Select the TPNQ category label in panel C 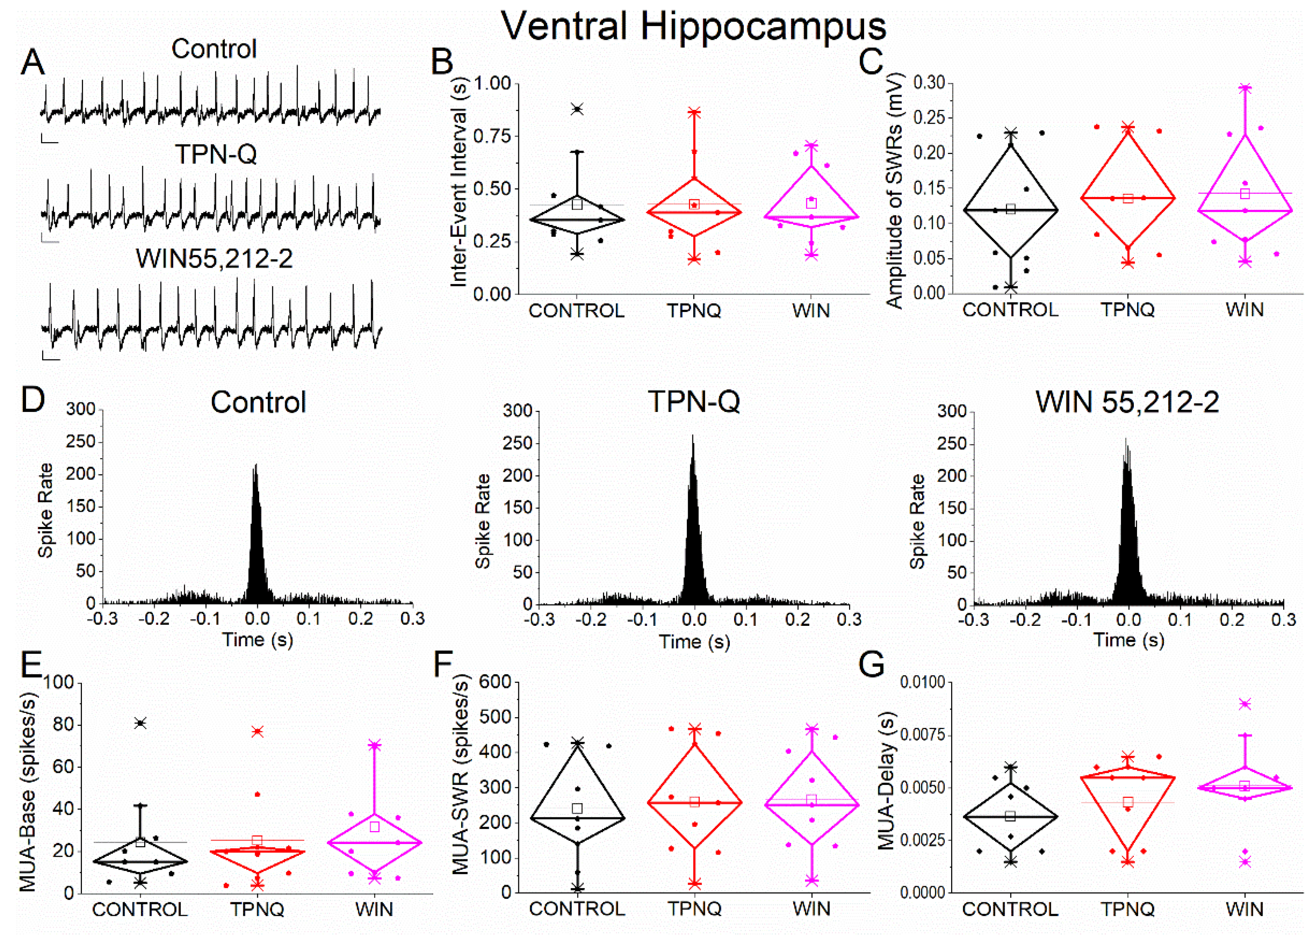(x=1128, y=310)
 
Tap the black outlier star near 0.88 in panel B (x=577, y=109)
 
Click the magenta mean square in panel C (x=1245, y=194)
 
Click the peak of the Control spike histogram (x=256, y=465)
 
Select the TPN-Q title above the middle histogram (x=694, y=401)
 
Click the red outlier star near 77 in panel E (x=257, y=731)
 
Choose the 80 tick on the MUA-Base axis (x=63, y=725)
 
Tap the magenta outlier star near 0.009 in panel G (x=1245, y=704)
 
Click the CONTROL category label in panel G (x=1010, y=909)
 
